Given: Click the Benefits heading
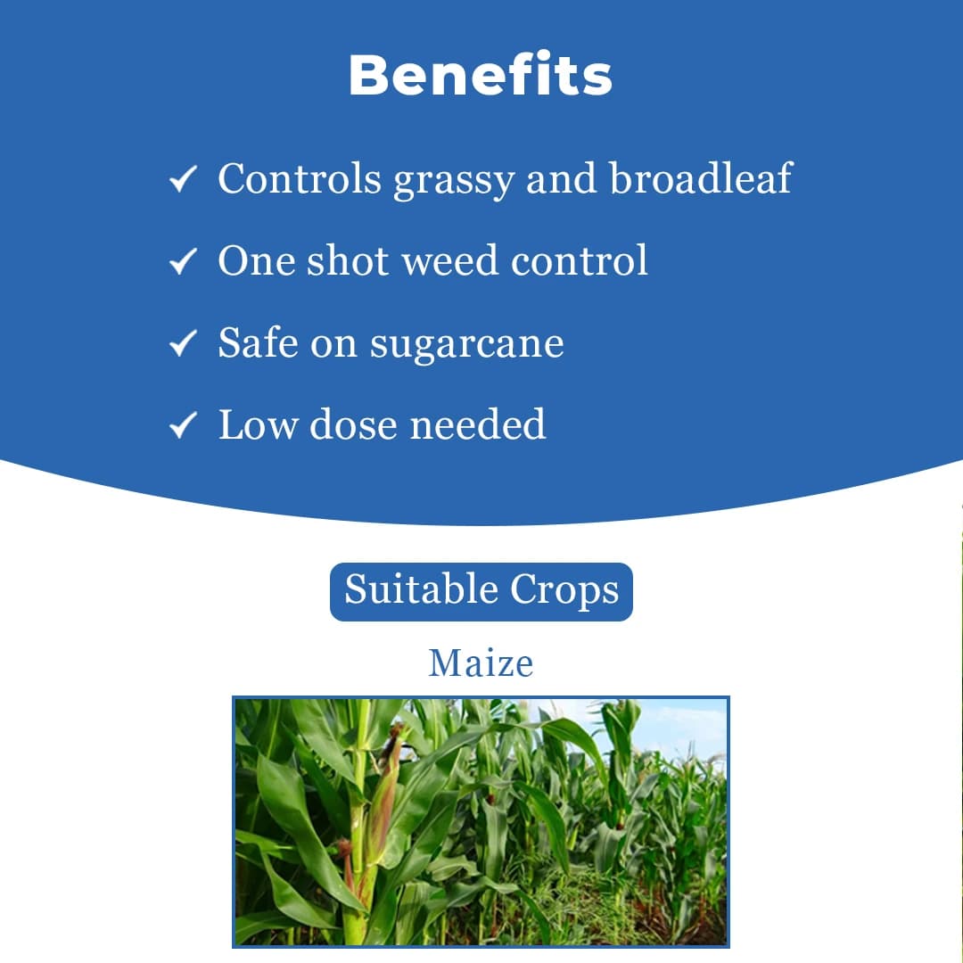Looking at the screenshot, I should point(481,76).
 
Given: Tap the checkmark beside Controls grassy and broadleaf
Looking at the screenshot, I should point(182,181).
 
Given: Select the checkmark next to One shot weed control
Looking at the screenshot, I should point(182,263).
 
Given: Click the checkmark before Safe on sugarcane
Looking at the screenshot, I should point(182,344).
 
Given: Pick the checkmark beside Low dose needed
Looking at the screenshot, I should point(182,426).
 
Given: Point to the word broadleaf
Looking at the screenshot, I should point(700,178).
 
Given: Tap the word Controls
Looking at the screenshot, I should point(299,178).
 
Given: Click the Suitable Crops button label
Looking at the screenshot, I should point(481,591).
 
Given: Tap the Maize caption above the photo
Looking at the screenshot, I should point(481,663).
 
